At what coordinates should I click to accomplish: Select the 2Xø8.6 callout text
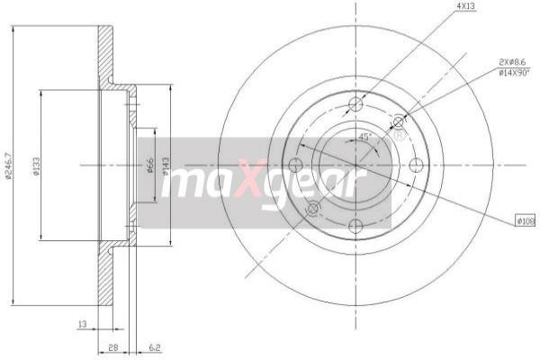(x=513, y=61)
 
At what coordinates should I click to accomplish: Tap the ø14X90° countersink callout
(x=513, y=73)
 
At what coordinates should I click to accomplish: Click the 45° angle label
(x=364, y=137)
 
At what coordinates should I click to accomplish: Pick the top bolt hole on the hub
(x=355, y=103)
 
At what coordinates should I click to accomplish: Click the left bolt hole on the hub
(x=294, y=165)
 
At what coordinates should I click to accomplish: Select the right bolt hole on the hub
(x=417, y=165)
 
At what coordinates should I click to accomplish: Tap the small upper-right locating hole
(x=399, y=121)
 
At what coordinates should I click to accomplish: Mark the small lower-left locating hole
(x=313, y=209)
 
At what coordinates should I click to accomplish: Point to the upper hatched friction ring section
(x=106, y=54)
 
